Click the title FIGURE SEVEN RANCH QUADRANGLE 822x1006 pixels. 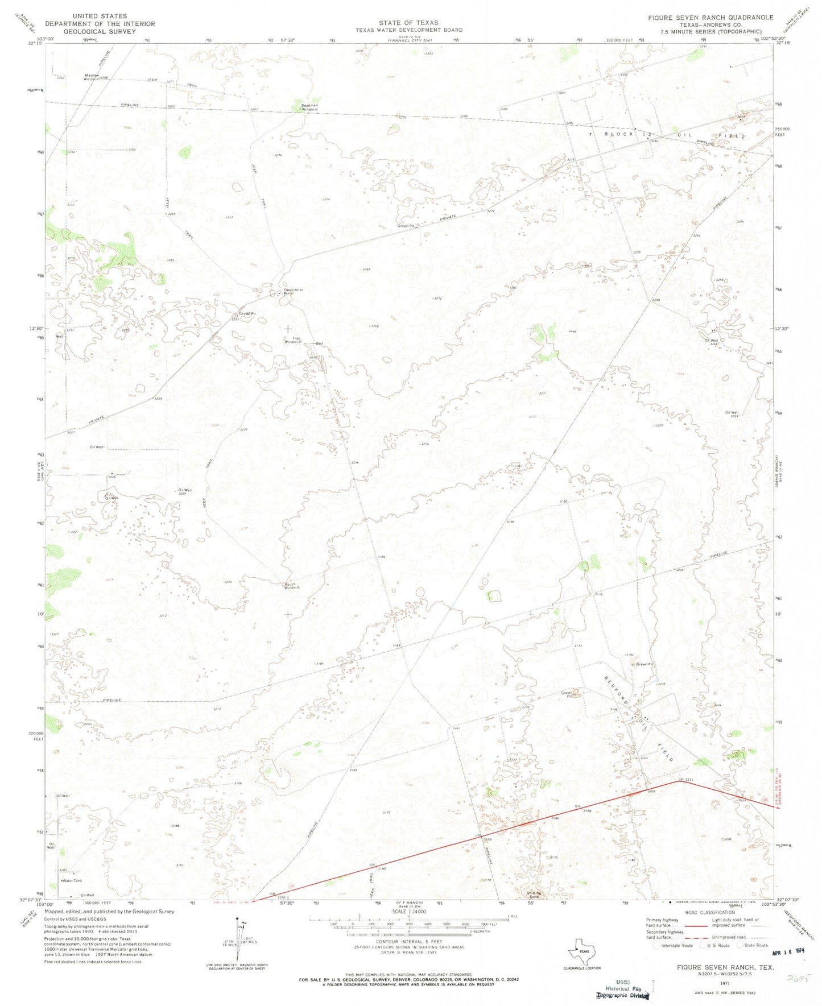click(711, 18)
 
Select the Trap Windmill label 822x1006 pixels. click(293, 341)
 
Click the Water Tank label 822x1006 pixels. click(72, 881)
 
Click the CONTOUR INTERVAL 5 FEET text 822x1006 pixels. click(408, 941)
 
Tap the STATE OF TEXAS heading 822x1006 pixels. click(408, 23)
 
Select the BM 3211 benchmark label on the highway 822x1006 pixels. click(686, 779)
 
